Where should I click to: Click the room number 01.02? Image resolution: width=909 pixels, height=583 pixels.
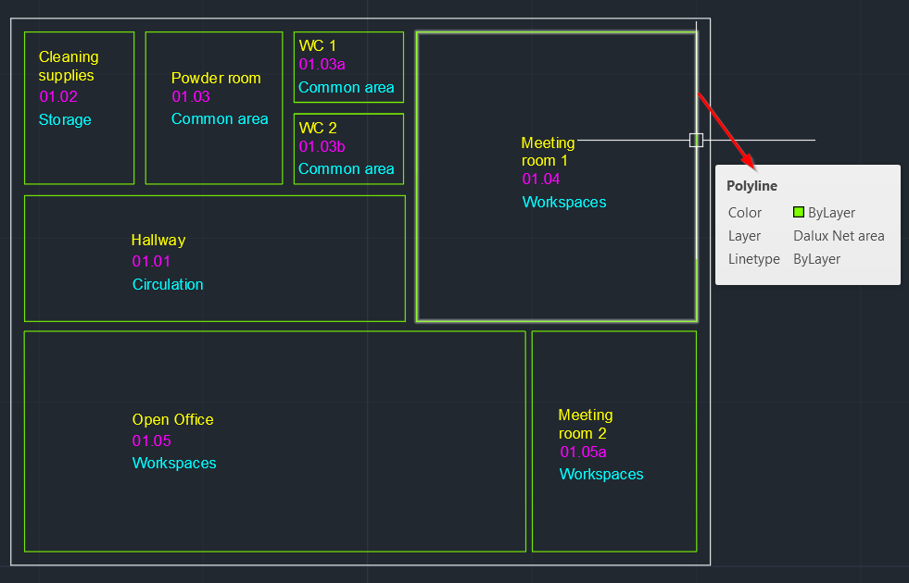coord(58,96)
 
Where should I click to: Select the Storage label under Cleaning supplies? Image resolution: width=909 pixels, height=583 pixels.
coord(65,119)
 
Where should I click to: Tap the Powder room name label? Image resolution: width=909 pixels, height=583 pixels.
coord(216,78)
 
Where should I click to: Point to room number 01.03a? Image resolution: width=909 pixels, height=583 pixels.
coord(322,64)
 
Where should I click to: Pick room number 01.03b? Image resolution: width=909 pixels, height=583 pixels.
coord(322,146)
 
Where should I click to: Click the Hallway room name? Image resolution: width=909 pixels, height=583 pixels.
coord(158,240)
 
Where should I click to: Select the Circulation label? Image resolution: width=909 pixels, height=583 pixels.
coord(168,284)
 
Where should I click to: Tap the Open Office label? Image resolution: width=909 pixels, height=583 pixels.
coord(172,419)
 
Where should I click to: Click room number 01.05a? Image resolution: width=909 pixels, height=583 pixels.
coord(583,452)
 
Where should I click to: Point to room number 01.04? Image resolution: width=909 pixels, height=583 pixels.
coord(541,179)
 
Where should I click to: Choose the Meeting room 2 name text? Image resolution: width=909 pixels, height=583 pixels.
coord(585,424)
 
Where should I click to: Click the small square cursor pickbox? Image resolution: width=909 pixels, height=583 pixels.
coord(696,140)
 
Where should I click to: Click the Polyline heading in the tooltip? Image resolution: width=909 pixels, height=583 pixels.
coord(751,186)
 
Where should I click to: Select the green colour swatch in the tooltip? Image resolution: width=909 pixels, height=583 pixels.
coord(799,212)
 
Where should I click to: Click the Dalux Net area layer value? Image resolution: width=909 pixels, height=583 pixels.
coord(839,236)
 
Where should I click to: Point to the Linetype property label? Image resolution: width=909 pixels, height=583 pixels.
coord(753,259)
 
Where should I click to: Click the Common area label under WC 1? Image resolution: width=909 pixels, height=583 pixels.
coord(346,87)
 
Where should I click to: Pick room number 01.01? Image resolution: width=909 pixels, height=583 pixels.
coord(152,261)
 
